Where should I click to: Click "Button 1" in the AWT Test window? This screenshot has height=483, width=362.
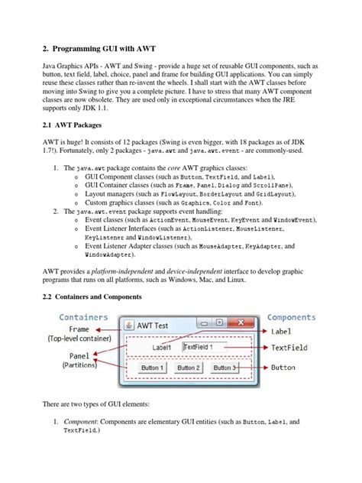pyautogui.click(x=151, y=368)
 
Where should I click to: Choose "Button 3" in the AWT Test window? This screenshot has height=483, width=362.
pyautogui.click(x=225, y=368)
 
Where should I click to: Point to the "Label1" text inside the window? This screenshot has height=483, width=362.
pyautogui.click(x=162, y=347)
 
